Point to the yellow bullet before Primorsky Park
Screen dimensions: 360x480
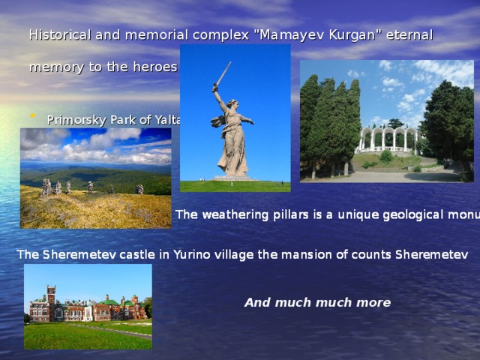31,116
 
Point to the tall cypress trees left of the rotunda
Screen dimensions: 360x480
330,120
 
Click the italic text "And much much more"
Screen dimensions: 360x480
317,303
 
